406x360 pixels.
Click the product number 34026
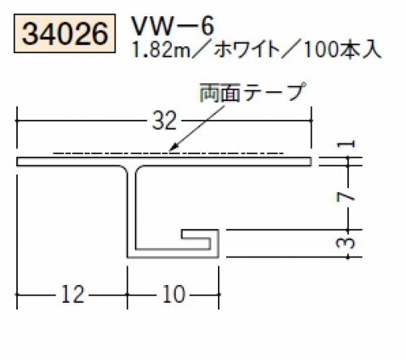point(65,33)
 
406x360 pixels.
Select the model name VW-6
point(172,26)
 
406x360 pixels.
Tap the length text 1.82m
point(162,50)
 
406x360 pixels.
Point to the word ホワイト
point(247,50)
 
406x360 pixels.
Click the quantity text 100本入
point(343,50)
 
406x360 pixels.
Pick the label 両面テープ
point(253,93)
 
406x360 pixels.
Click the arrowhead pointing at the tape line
point(173,147)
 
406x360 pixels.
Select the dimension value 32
point(164,121)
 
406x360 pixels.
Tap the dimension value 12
point(72,294)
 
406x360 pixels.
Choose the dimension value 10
point(174,294)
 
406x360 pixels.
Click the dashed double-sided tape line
point(168,153)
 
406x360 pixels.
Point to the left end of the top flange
point(17,161)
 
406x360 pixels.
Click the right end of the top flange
point(311,161)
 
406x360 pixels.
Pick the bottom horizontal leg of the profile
point(172,253)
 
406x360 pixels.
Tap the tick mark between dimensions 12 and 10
point(127,294)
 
